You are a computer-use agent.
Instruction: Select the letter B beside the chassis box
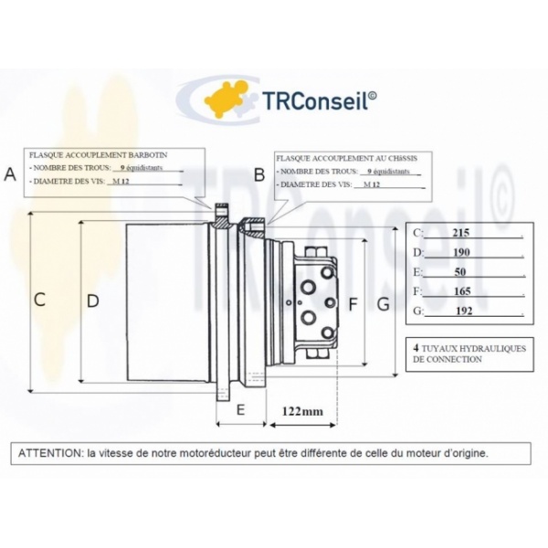tap(259, 174)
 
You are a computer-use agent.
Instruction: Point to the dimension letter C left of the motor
tap(39, 299)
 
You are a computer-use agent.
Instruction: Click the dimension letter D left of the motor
tap(92, 300)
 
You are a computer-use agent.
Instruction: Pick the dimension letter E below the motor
tap(240, 410)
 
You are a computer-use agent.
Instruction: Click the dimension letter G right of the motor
tap(383, 303)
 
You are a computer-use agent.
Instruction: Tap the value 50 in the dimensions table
tap(459, 272)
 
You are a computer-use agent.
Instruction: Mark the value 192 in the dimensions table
tap(461, 311)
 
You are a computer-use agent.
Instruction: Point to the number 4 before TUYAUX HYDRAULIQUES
tap(416, 348)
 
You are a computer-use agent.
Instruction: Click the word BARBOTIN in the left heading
tap(153, 155)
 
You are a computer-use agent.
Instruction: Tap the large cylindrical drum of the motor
tap(164, 301)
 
